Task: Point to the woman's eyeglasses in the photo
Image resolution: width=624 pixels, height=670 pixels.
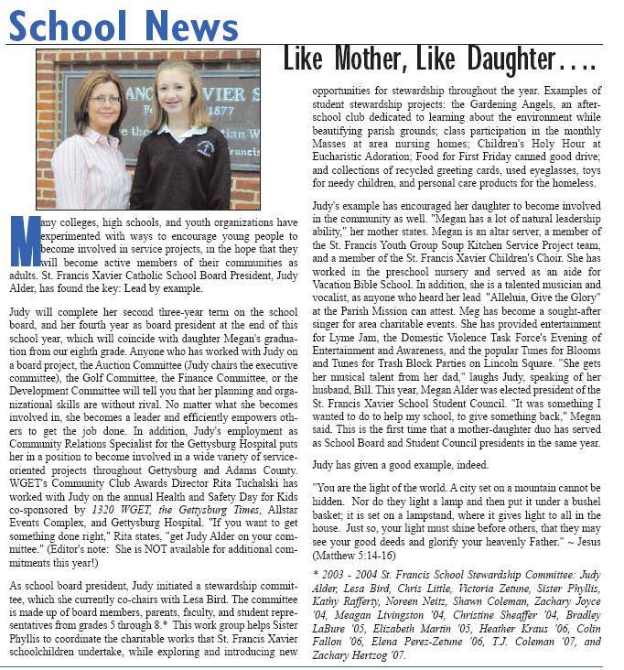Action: pos(104,99)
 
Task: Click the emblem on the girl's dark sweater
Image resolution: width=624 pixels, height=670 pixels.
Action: pos(206,147)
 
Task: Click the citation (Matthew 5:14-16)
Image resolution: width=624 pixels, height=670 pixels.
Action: pos(352,556)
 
